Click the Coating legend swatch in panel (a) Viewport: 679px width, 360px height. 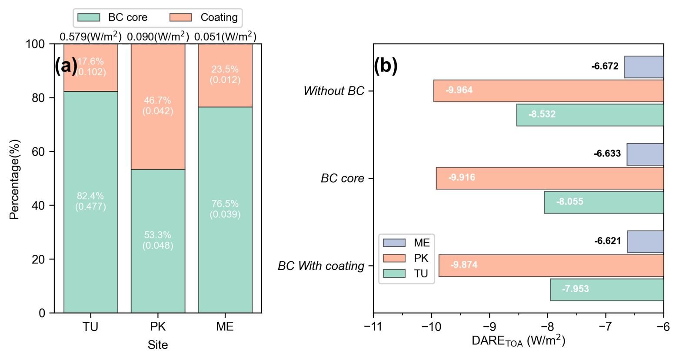180,17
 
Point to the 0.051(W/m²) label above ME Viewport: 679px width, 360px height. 225,37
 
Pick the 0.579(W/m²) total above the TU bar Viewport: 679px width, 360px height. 90,37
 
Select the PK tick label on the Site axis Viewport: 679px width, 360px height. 158,327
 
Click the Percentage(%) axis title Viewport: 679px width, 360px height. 15,179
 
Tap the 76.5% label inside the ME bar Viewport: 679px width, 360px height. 225,204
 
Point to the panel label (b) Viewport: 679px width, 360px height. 386,66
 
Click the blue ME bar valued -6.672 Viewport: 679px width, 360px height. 644,67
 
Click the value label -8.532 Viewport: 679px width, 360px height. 542,115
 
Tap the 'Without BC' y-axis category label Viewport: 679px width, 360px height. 334,91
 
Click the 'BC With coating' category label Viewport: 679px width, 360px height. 321,266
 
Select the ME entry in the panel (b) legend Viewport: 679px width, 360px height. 421,243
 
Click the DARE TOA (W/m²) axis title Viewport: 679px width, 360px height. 518,341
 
